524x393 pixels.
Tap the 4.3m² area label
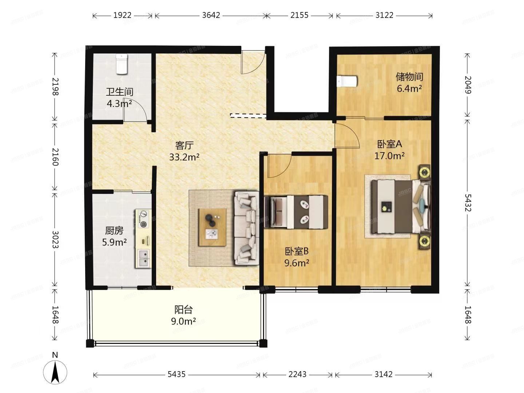119,104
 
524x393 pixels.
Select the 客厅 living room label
184,146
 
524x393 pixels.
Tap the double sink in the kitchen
143,258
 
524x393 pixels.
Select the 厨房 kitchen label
114,231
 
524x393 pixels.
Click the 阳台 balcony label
183,310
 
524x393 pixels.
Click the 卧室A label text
389,144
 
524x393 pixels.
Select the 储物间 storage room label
409,77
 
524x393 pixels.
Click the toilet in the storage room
347,82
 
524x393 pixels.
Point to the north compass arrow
55,372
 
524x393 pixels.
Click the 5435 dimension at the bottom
176,374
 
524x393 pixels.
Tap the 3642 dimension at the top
211,15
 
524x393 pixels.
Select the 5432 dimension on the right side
468,203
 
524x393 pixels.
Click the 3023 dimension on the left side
55,239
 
